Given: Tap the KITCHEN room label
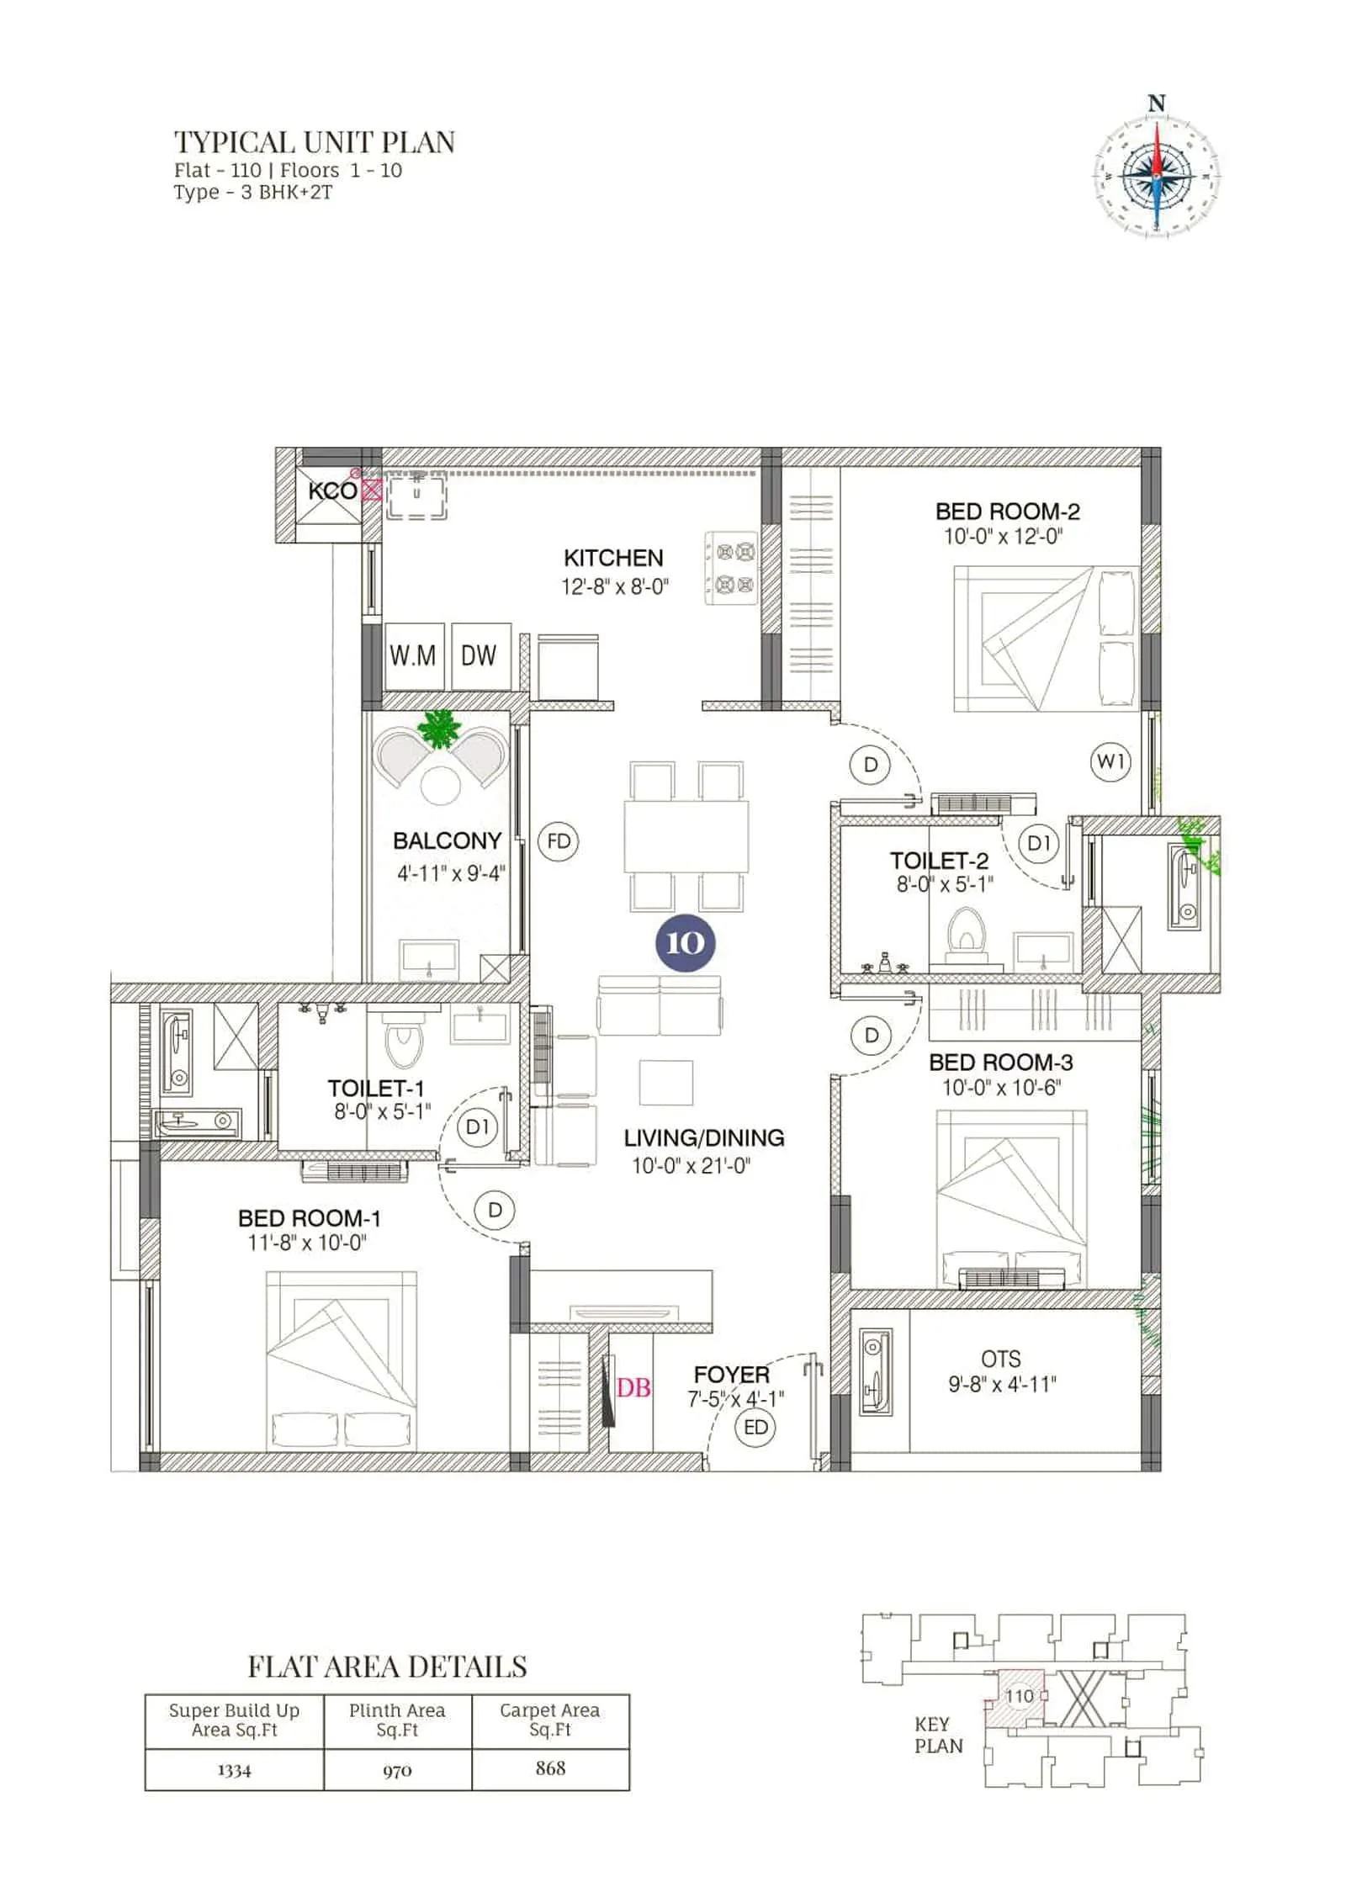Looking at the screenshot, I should (613, 558).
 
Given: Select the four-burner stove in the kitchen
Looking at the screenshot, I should (730, 568).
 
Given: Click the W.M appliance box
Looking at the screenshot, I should (413, 655).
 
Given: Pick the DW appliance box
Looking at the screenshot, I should (480, 655).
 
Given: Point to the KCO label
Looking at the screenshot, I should (332, 491).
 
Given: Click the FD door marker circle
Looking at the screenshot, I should (559, 841).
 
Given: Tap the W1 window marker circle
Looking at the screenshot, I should (1110, 762).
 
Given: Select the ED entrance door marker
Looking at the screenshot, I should (755, 1427).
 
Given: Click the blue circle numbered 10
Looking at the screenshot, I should (685, 942).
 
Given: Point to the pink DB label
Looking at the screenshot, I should (633, 1388).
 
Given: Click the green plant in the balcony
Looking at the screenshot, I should (439, 729).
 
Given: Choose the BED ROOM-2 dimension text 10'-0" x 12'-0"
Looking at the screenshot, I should (1003, 537).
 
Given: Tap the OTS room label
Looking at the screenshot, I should (1001, 1359).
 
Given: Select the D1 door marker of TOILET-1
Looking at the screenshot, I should (477, 1126).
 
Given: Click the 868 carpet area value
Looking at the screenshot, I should (550, 1768).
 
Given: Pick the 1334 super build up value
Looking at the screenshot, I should (234, 1770).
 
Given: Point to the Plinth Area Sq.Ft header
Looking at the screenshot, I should (397, 1719).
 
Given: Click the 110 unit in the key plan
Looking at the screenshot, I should (1019, 1696).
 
